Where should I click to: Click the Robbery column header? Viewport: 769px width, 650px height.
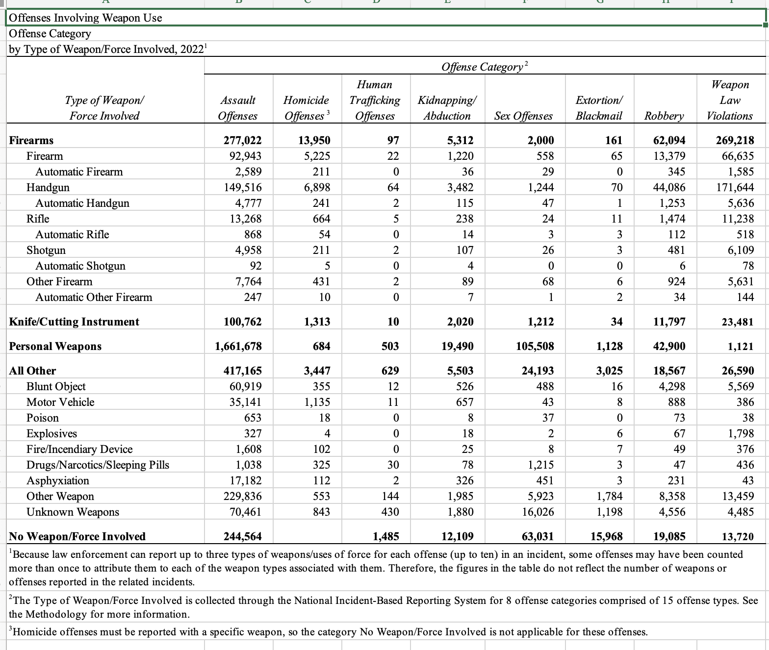coord(664,116)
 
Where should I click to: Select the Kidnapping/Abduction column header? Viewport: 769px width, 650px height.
coord(446,108)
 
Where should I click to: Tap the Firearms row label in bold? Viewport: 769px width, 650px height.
coord(31,140)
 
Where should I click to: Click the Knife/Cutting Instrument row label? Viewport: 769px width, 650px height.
coord(74,322)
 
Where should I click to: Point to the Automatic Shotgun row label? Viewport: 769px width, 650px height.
coord(80,266)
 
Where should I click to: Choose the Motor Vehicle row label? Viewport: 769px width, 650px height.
coord(60,402)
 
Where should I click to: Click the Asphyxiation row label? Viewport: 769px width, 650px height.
coord(58,480)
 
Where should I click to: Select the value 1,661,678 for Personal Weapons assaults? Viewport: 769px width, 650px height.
coord(238,346)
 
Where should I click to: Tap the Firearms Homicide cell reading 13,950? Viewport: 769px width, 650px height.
coord(314,140)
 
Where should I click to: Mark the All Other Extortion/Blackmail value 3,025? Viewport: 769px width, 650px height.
coord(609,371)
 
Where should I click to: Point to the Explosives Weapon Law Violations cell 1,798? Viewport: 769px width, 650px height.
coord(738,433)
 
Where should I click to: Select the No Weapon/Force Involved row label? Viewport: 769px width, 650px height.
coord(77,536)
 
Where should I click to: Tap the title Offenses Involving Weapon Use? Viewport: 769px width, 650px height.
coord(85,18)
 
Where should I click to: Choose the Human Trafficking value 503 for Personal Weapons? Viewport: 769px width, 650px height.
coord(390,346)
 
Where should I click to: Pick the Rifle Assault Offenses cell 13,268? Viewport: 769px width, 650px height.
coord(245,219)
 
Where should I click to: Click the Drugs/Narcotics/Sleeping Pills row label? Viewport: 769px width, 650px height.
coord(98,465)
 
